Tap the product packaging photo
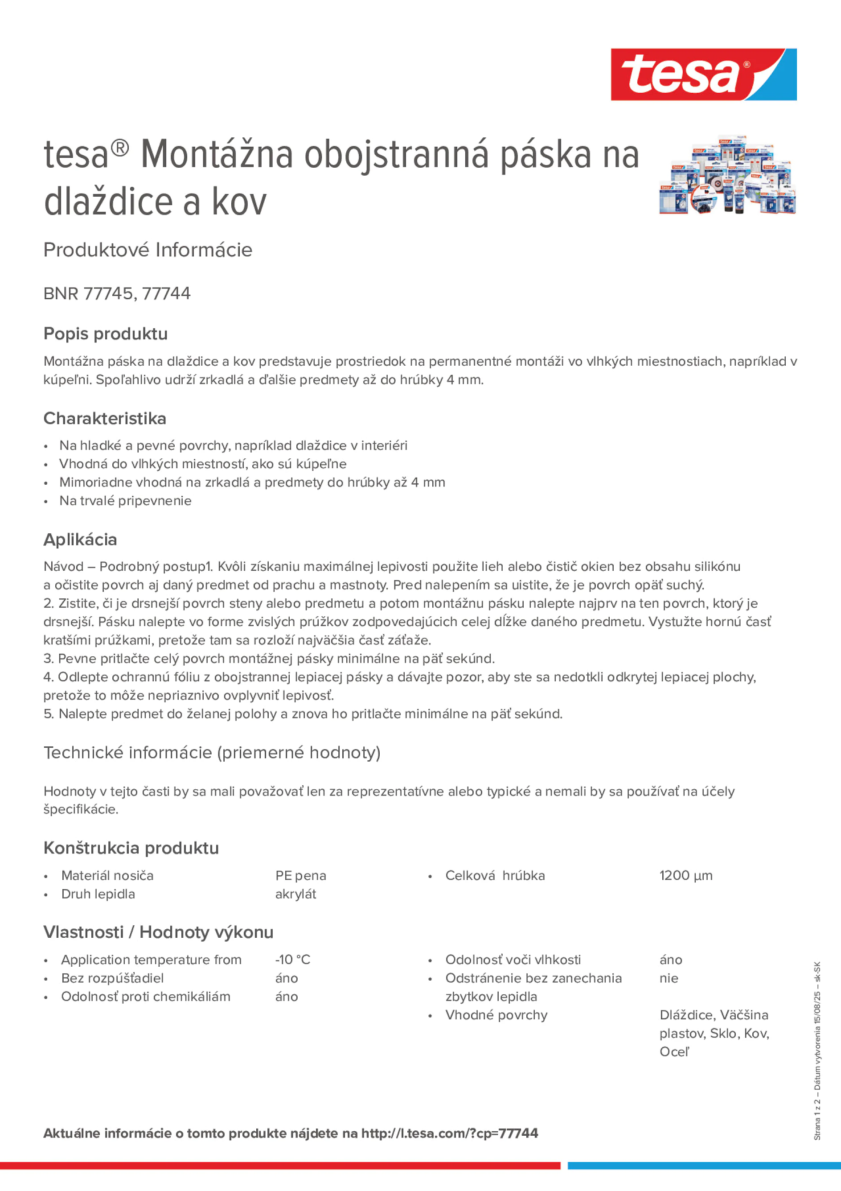[x=727, y=175]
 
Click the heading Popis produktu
[x=105, y=334]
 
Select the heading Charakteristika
[x=105, y=418]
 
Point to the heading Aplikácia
[x=80, y=540]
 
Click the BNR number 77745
[x=108, y=293]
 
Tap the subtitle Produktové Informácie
[x=148, y=250]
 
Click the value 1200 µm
[x=685, y=876]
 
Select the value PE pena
[x=300, y=876]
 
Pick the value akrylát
[x=295, y=894]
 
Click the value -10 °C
[x=292, y=960]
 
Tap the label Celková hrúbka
[x=495, y=876]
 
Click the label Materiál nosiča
[x=107, y=876]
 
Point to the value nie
[x=669, y=978]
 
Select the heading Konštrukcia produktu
[x=131, y=848]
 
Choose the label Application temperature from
[x=151, y=960]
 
